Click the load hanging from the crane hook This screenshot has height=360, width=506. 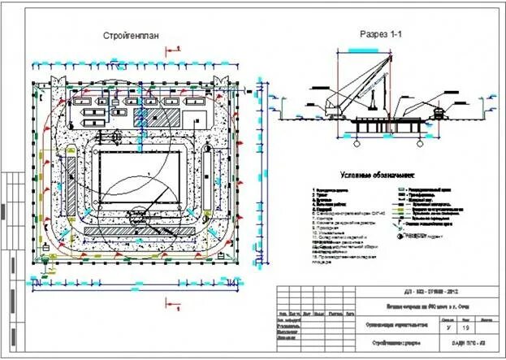[x=373, y=102]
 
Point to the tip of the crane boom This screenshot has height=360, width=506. [x=391, y=56]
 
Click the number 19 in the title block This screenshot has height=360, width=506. [x=465, y=327]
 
